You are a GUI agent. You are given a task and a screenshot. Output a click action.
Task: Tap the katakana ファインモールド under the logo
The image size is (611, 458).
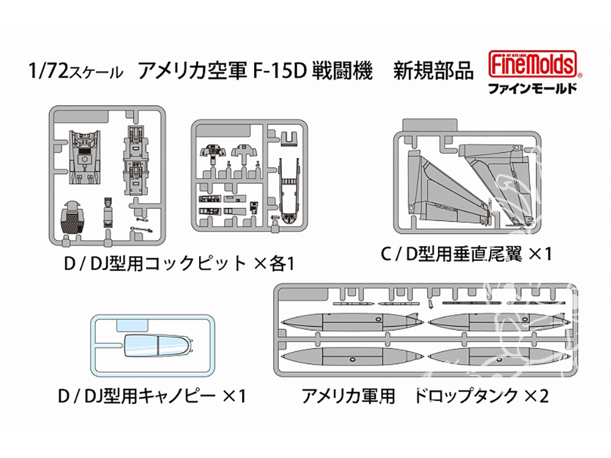pyautogui.click(x=532, y=87)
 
